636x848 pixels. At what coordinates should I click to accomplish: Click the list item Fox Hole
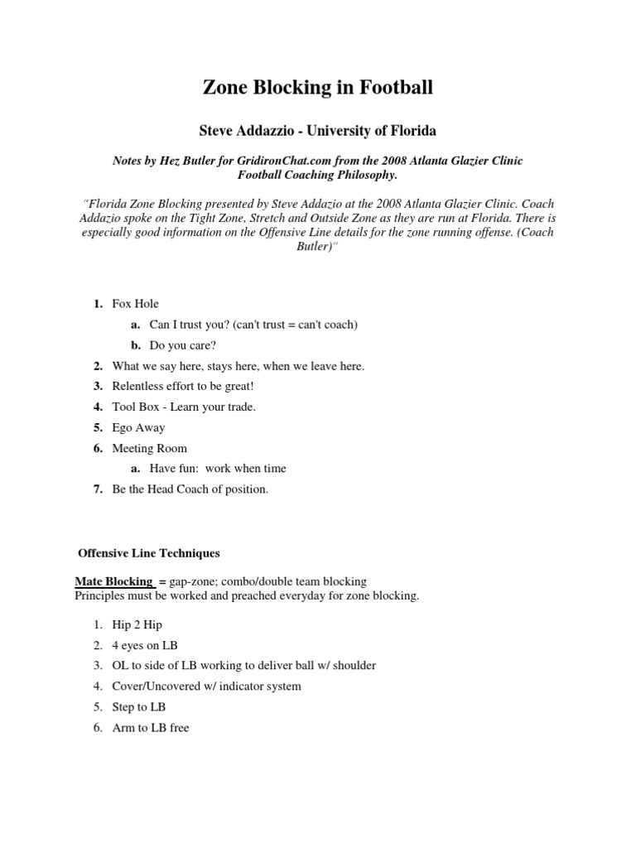(x=135, y=304)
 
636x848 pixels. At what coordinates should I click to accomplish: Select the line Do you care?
(x=183, y=345)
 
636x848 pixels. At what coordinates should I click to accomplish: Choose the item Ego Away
(x=138, y=427)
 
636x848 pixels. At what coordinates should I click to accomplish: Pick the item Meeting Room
(x=149, y=448)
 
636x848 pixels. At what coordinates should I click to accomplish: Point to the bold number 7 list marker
(x=97, y=489)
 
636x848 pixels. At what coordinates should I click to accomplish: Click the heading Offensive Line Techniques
(x=148, y=552)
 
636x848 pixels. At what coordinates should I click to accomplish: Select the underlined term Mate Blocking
(x=113, y=581)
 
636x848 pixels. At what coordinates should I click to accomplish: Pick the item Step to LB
(x=139, y=706)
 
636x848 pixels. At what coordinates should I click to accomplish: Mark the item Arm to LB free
(x=151, y=728)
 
